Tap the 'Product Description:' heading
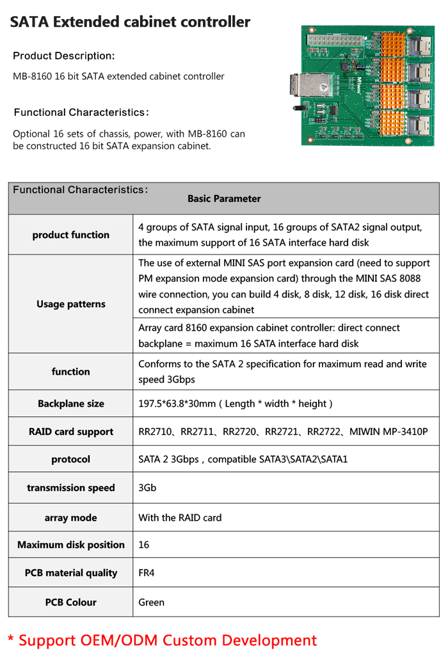pos(64,56)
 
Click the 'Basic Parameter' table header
pos(224,199)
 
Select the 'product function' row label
pos(70,235)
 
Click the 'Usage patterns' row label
pos(70,304)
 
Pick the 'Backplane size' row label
pos(70,404)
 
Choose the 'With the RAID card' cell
pos(180,517)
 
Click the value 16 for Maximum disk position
pos(144,545)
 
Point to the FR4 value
pos(147,573)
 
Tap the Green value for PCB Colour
pos(151,602)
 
